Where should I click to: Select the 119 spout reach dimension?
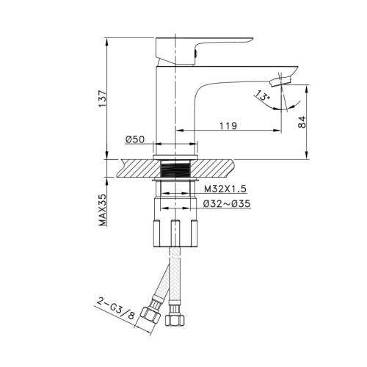pyautogui.click(x=227, y=126)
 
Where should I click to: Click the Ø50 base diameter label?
pyautogui.click(x=134, y=139)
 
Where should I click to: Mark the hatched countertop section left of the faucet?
pyautogui.click(x=132, y=168)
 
